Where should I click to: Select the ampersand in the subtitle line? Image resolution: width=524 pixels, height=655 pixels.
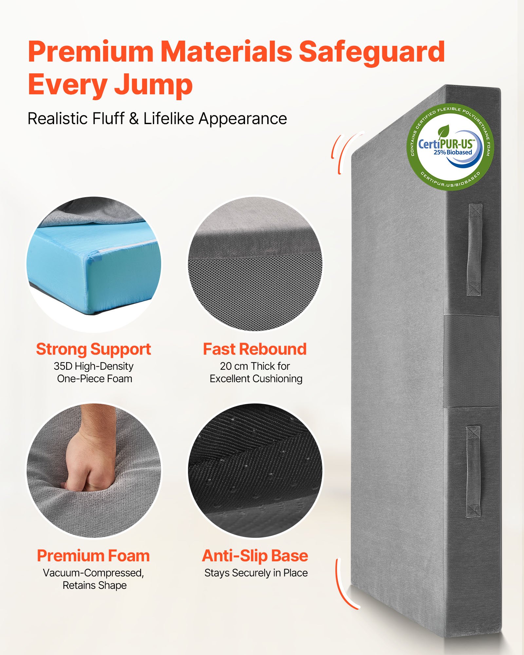click(x=134, y=119)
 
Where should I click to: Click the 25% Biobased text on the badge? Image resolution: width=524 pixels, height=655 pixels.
click(x=453, y=152)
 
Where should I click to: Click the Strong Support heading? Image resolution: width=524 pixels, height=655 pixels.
click(x=93, y=349)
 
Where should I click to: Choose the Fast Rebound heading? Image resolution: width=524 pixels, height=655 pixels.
click(x=255, y=349)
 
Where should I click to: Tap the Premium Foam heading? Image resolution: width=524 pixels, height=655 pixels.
click(x=93, y=556)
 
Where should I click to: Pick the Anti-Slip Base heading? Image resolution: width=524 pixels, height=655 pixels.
click(x=255, y=556)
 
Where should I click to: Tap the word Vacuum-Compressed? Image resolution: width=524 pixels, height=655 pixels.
click(x=93, y=573)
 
